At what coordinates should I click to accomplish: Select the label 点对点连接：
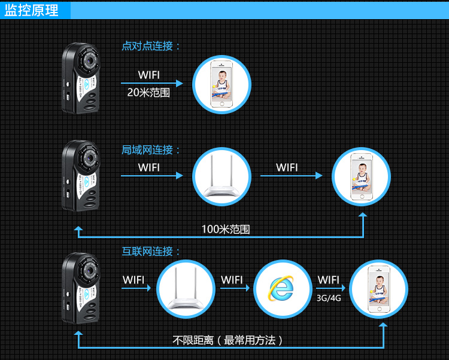151,46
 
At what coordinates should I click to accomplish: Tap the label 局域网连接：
151,150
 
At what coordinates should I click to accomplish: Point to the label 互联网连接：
151,252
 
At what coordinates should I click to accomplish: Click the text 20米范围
148,93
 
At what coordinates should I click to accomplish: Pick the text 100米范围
225,229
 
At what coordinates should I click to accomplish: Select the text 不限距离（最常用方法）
228,340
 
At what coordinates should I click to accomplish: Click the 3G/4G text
329,297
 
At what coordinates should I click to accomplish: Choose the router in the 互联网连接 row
186,289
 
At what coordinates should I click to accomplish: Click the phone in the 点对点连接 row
222,84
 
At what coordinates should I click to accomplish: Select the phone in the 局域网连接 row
361,176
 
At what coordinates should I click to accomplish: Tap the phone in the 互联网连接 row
378,288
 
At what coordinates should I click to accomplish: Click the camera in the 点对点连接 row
81,78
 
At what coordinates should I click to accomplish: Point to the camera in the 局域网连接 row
81,176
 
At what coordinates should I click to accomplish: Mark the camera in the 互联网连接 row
81,289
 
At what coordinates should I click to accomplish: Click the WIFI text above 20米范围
149,75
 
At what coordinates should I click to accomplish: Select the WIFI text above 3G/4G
329,280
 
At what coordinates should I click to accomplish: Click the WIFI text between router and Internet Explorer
232,280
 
